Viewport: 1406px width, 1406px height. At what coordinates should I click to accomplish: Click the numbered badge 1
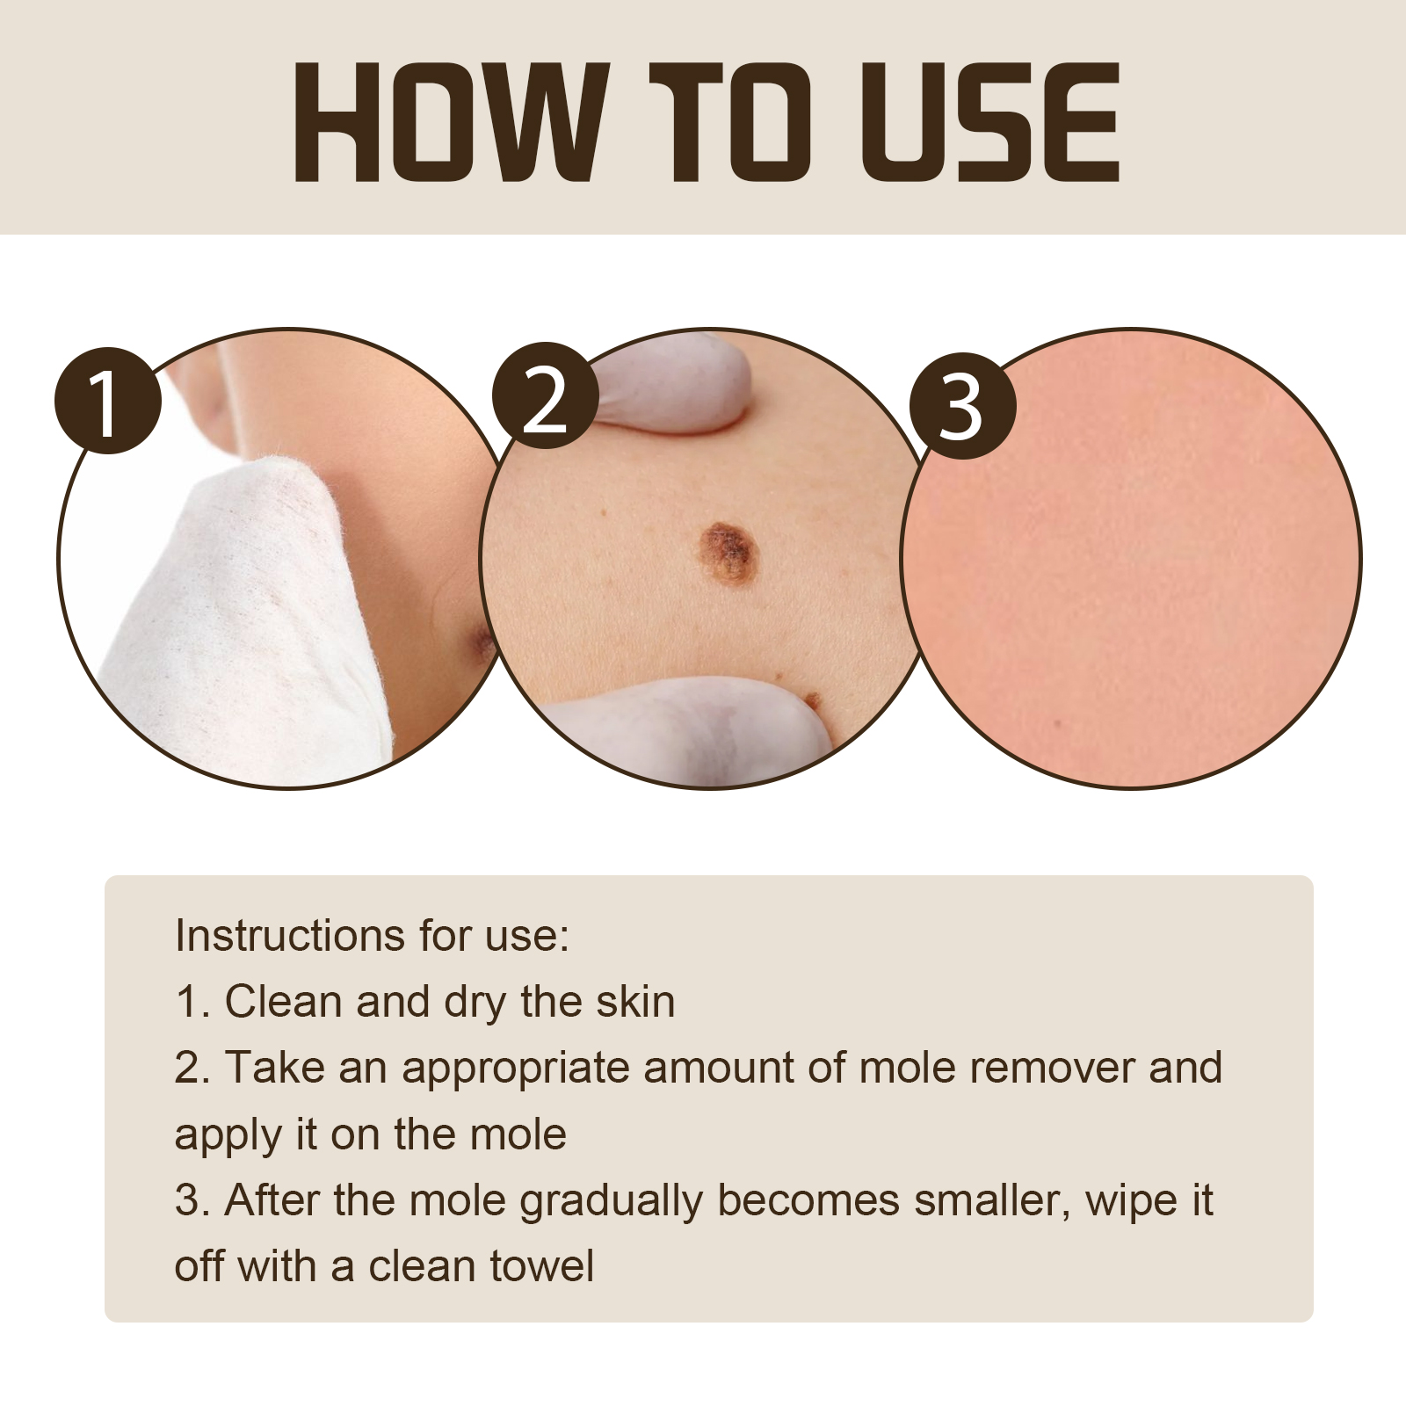click(108, 402)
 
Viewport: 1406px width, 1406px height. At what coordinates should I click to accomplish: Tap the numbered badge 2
click(545, 395)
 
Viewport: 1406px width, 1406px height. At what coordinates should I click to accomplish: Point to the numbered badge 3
click(962, 405)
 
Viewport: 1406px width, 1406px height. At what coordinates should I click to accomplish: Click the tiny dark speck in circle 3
click(1058, 724)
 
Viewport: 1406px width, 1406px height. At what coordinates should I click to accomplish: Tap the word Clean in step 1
click(283, 1001)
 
